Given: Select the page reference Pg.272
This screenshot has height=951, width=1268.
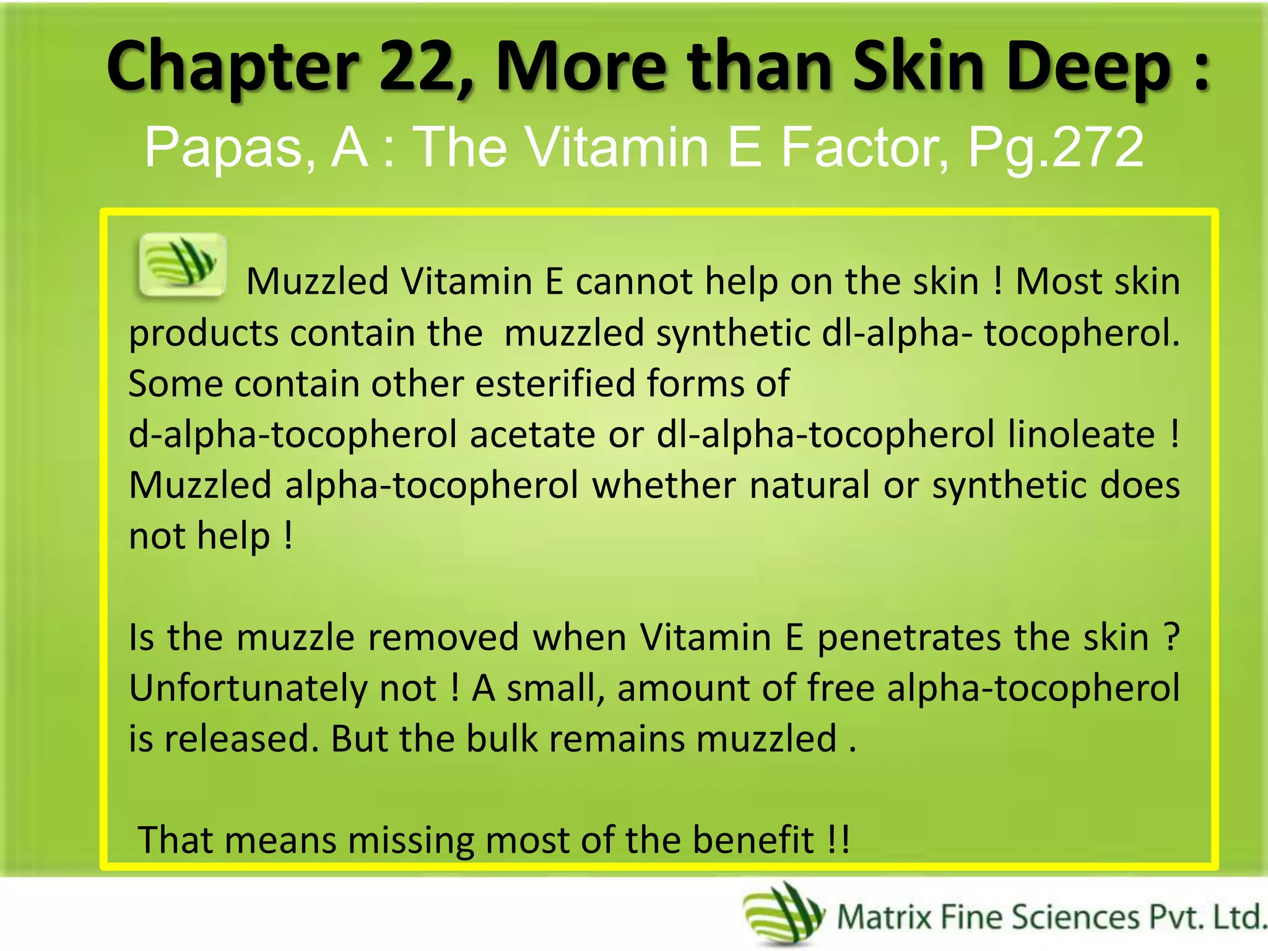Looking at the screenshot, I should coord(1055,147).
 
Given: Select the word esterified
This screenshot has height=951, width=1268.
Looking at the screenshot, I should coord(555,383).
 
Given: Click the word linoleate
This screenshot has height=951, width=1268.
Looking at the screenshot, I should coord(1081,434).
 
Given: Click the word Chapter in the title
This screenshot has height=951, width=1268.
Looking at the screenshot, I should coord(233,67).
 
